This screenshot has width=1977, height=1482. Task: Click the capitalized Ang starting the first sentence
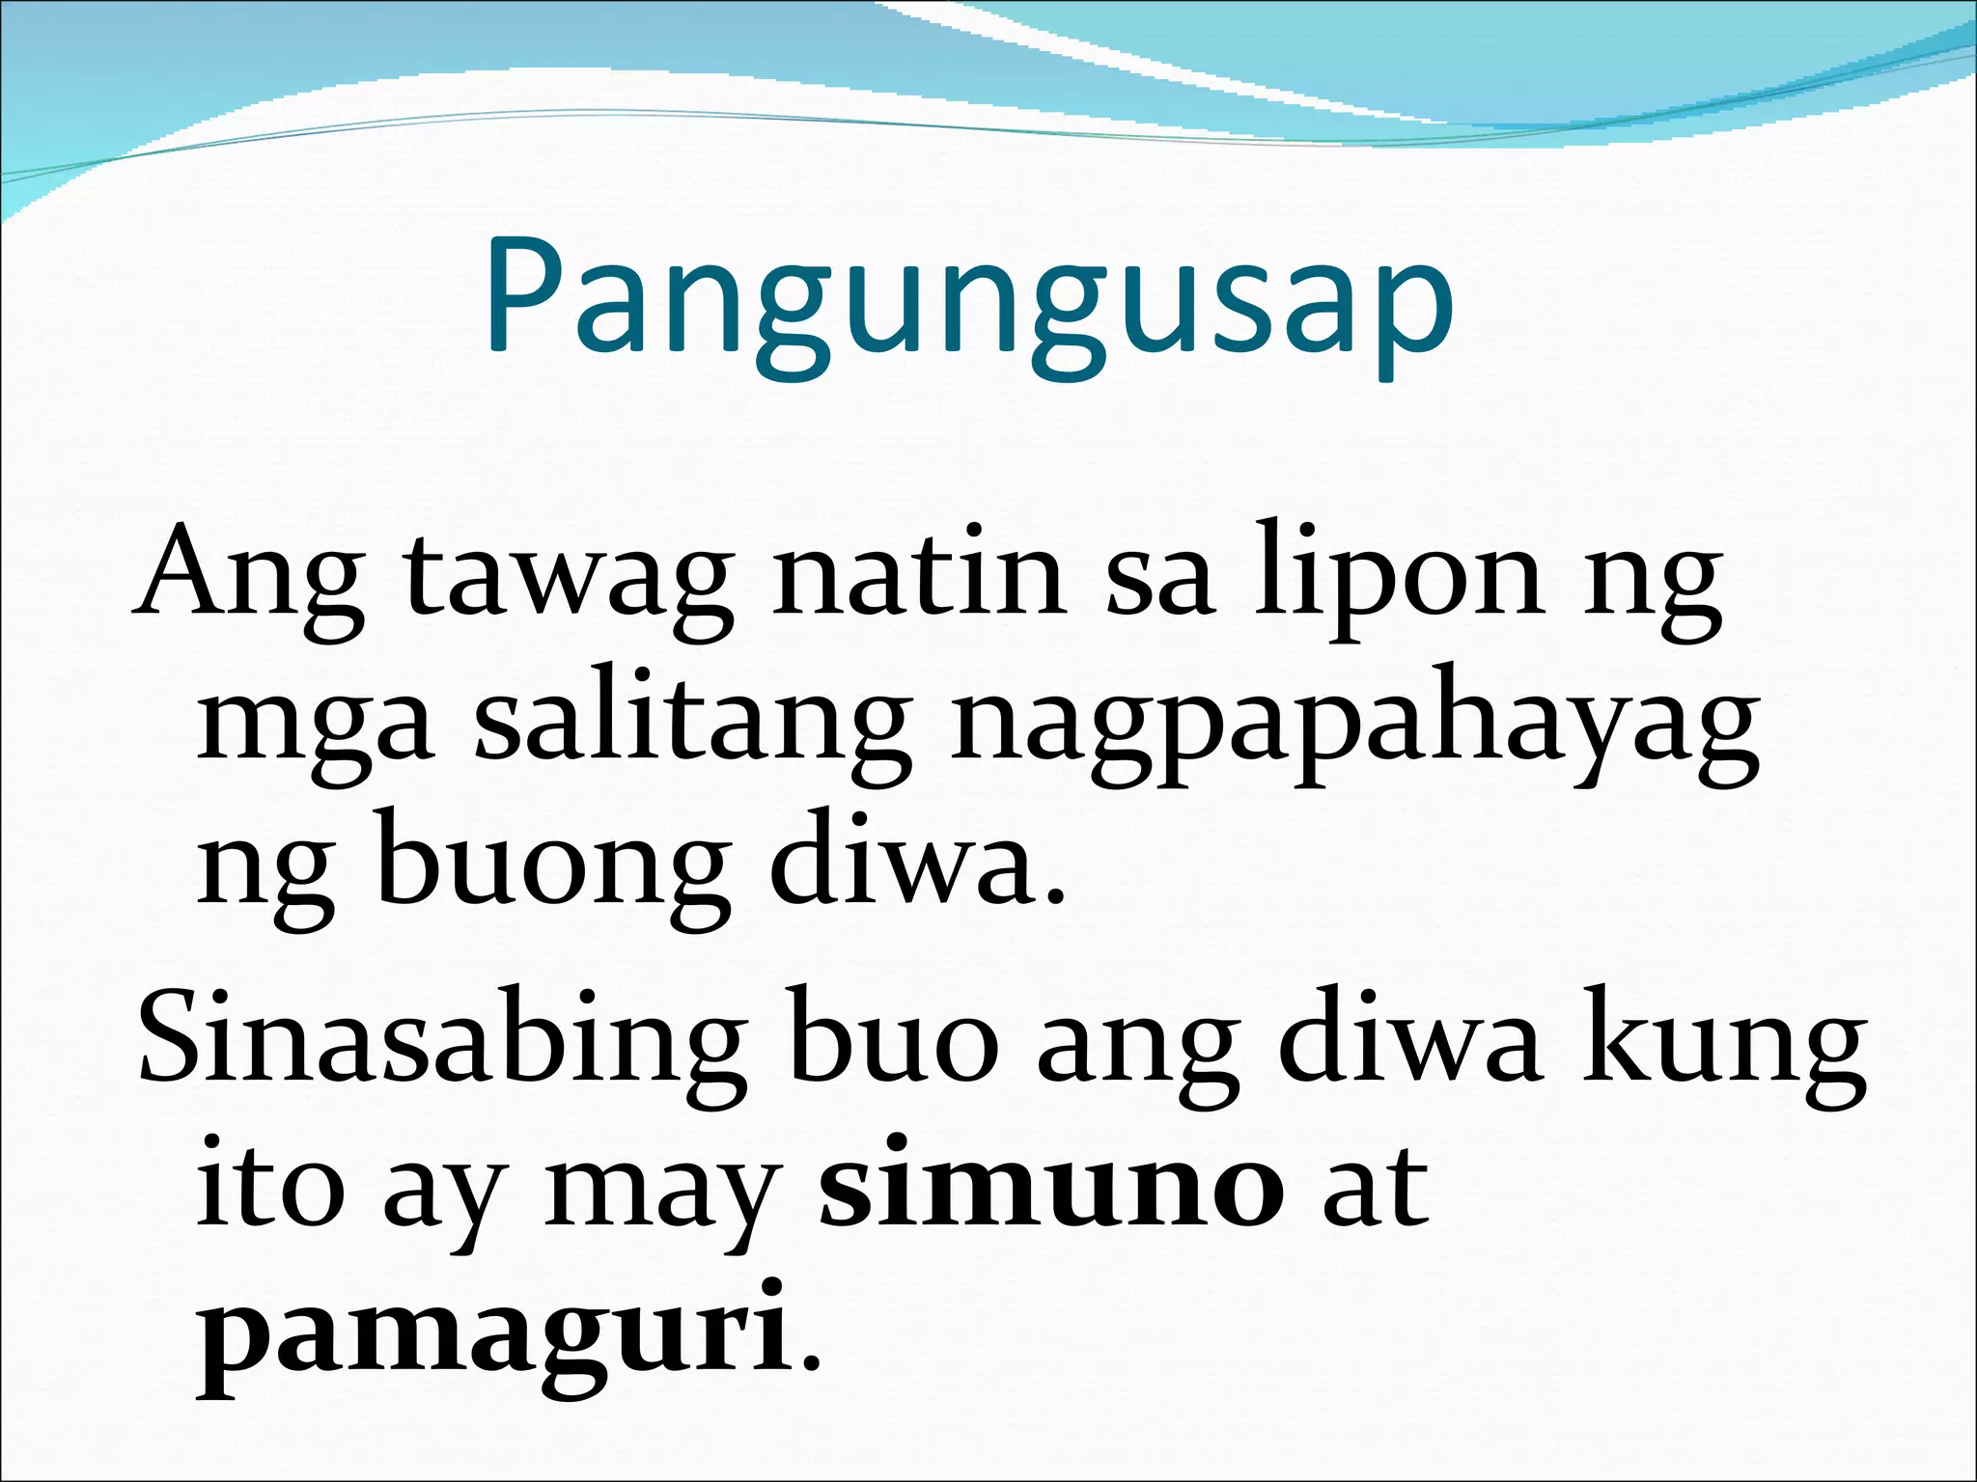(249, 579)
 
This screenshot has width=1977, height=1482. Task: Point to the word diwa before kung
(1408, 1042)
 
